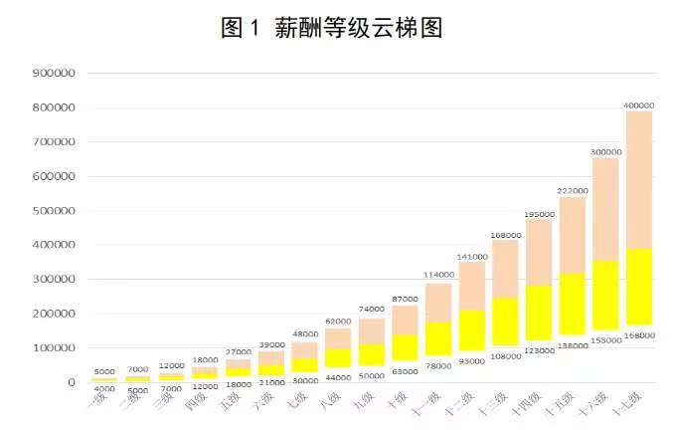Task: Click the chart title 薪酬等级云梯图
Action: click(331, 28)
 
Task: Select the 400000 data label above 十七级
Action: click(638, 105)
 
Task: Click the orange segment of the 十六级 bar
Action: click(604, 209)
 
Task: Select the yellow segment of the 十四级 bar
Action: click(538, 313)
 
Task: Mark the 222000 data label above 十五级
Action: click(572, 190)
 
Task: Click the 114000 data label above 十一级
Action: click(437, 276)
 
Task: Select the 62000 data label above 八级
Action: click(338, 322)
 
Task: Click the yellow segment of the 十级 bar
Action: click(405, 347)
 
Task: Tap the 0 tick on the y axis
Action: click(72, 382)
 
